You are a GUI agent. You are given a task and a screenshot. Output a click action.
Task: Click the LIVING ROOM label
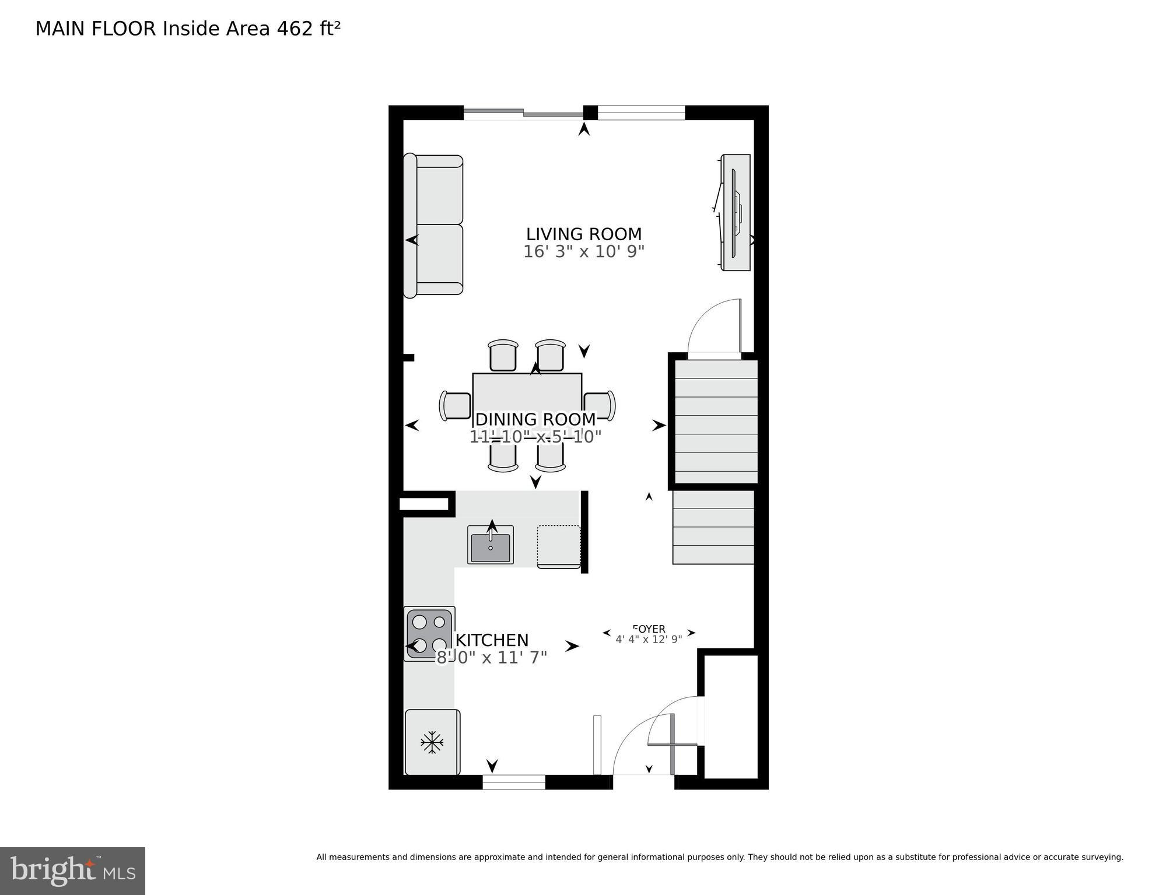[583, 234]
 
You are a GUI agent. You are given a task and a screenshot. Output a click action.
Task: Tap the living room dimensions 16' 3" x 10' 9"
[583, 252]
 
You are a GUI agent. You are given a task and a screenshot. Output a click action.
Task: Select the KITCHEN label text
[492, 640]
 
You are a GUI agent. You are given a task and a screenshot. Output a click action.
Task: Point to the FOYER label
[649, 629]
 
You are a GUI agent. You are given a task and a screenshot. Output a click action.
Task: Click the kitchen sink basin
[490, 546]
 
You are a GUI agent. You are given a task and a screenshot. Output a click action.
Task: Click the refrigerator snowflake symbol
[432, 742]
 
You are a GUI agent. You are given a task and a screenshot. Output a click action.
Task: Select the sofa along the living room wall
[434, 226]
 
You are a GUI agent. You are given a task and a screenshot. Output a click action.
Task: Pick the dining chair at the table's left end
[455, 406]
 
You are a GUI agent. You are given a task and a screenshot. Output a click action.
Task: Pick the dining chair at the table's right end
[600, 406]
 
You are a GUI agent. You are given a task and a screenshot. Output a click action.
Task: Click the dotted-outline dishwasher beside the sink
[558, 546]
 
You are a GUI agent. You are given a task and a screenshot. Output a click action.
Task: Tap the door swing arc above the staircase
[713, 327]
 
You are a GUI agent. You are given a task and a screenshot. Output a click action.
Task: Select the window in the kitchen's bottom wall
[514, 782]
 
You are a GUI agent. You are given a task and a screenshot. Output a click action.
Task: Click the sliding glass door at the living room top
[523, 113]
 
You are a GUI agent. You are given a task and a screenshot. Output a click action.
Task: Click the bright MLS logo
[72, 871]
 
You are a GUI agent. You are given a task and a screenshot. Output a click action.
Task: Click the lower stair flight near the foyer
[713, 527]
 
